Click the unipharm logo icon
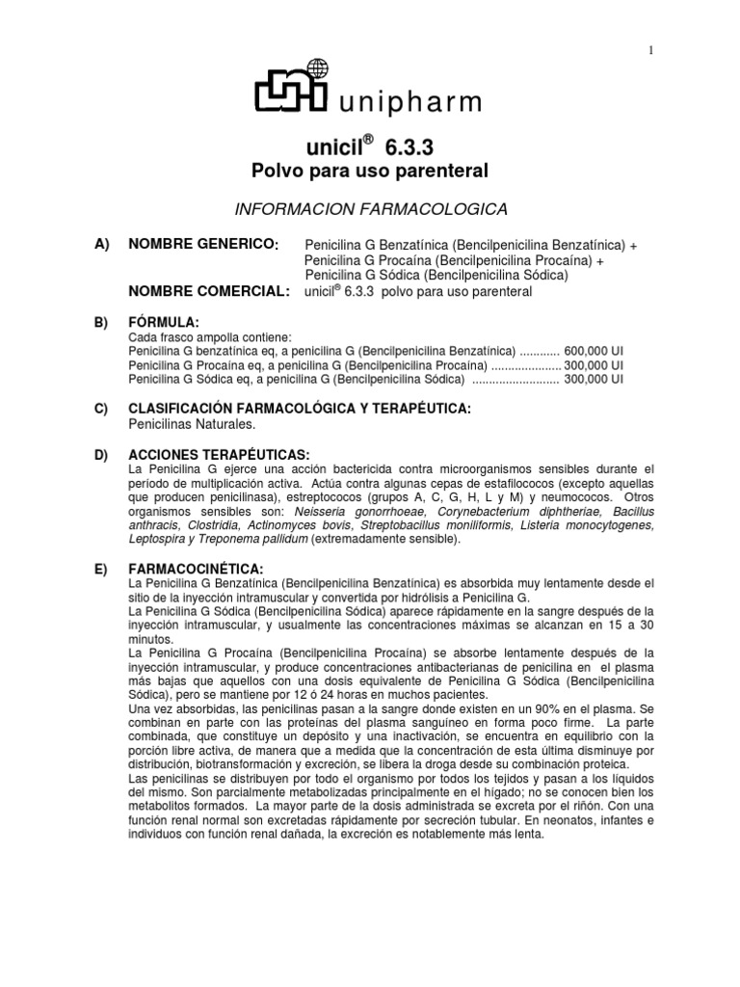(x=292, y=88)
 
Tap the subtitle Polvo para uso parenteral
(x=370, y=171)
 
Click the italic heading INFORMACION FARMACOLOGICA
(x=370, y=209)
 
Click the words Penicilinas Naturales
(x=192, y=424)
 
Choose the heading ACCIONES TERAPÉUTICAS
(x=219, y=454)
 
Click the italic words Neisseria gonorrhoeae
(x=372, y=511)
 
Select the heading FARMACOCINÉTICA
(x=197, y=570)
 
